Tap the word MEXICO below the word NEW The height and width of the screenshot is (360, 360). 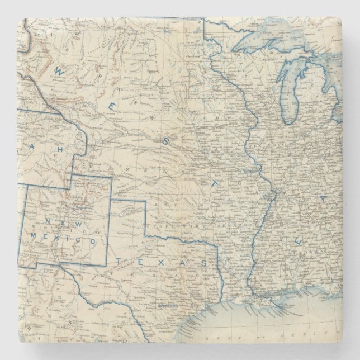click(x=72, y=239)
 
